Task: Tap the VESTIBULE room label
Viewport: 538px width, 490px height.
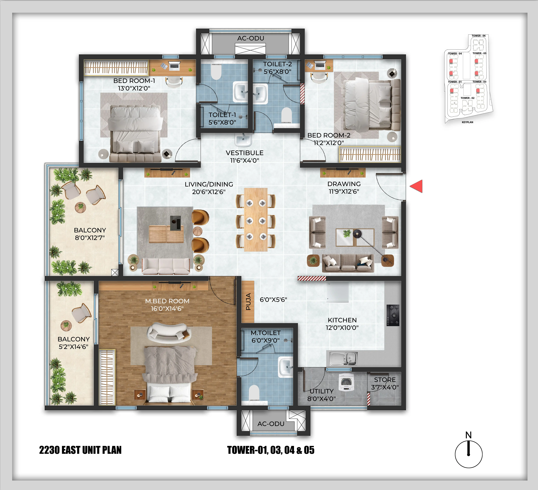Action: coord(244,153)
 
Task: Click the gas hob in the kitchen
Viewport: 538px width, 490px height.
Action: coord(393,315)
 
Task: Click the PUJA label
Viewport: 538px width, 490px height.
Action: coord(248,302)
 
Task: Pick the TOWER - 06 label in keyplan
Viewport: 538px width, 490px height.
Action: coord(479,36)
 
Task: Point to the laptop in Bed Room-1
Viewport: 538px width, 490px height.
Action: coord(174,65)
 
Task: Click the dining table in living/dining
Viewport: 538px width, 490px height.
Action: coord(256,220)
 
